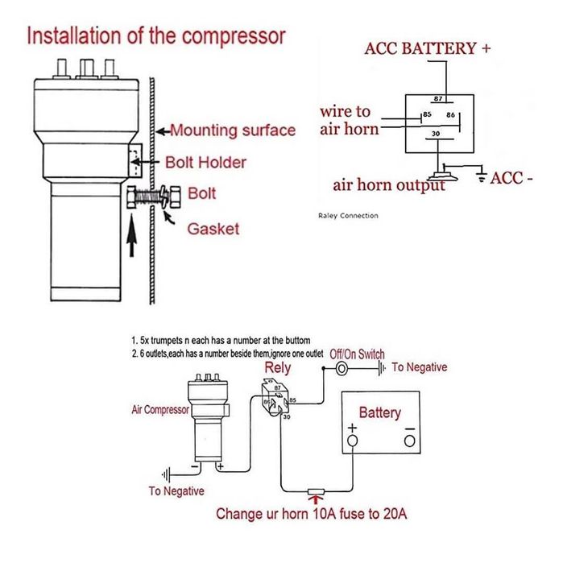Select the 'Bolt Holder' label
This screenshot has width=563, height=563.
(205, 162)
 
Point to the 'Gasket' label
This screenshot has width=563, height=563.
(213, 229)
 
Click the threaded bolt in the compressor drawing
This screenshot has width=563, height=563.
(148, 195)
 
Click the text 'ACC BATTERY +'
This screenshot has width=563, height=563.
(427, 48)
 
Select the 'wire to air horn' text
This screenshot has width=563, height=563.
(346, 120)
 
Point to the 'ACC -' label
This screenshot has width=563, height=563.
(511, 178)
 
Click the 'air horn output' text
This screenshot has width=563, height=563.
(389, 185)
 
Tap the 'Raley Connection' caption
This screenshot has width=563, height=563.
(344, 216)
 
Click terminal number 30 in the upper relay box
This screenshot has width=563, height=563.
(436, 134)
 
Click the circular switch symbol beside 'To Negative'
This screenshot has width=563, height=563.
(341, 368)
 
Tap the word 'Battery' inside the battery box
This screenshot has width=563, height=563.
(379, 413)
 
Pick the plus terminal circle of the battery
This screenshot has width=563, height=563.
(352, 441)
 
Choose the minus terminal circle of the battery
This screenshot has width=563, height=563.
(409, 441)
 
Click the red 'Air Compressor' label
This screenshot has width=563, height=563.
(160, 409)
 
